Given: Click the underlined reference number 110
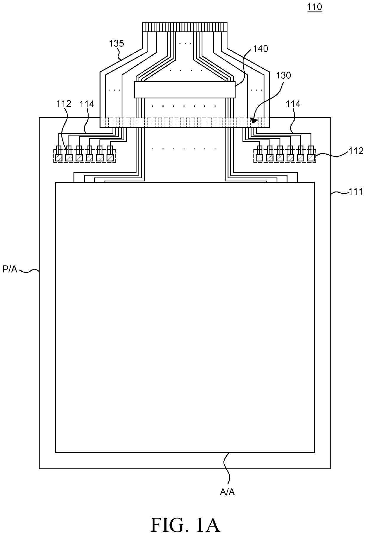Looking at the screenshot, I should [315, 7].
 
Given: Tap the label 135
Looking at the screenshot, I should [116, 44].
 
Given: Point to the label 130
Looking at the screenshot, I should [283, 75].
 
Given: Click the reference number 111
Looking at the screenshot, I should [355, 191].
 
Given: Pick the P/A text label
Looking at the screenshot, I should [10, 269].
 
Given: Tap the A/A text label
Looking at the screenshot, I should [227, 492].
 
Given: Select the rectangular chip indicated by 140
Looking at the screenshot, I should [185, 90].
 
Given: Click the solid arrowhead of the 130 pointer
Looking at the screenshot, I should [254, 121].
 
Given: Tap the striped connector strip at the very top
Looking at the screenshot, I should [185, 27].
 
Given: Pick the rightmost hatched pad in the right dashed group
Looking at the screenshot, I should [311, 158].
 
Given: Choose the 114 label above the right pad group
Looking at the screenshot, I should [293, 104].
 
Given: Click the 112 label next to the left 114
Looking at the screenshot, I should [64, 104].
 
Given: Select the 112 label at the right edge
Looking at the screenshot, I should [356, 151].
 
